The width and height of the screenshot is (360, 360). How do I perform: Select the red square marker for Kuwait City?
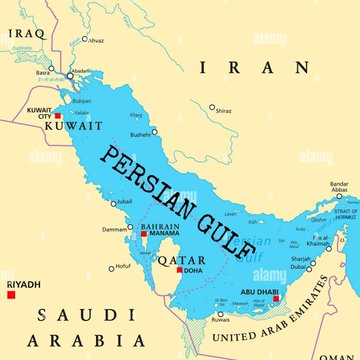(59, 116)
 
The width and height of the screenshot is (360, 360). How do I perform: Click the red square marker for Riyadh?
(11, 294)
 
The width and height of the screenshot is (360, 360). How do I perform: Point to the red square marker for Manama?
(144, 233)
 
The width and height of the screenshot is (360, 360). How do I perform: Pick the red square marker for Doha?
(180, 270)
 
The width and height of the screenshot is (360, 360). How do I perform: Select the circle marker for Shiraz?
(212, 104)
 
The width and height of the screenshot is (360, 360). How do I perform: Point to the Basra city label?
(43, 73)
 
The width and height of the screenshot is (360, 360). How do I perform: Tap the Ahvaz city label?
(95, 41)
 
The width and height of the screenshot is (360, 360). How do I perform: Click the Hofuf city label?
(122, 267)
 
